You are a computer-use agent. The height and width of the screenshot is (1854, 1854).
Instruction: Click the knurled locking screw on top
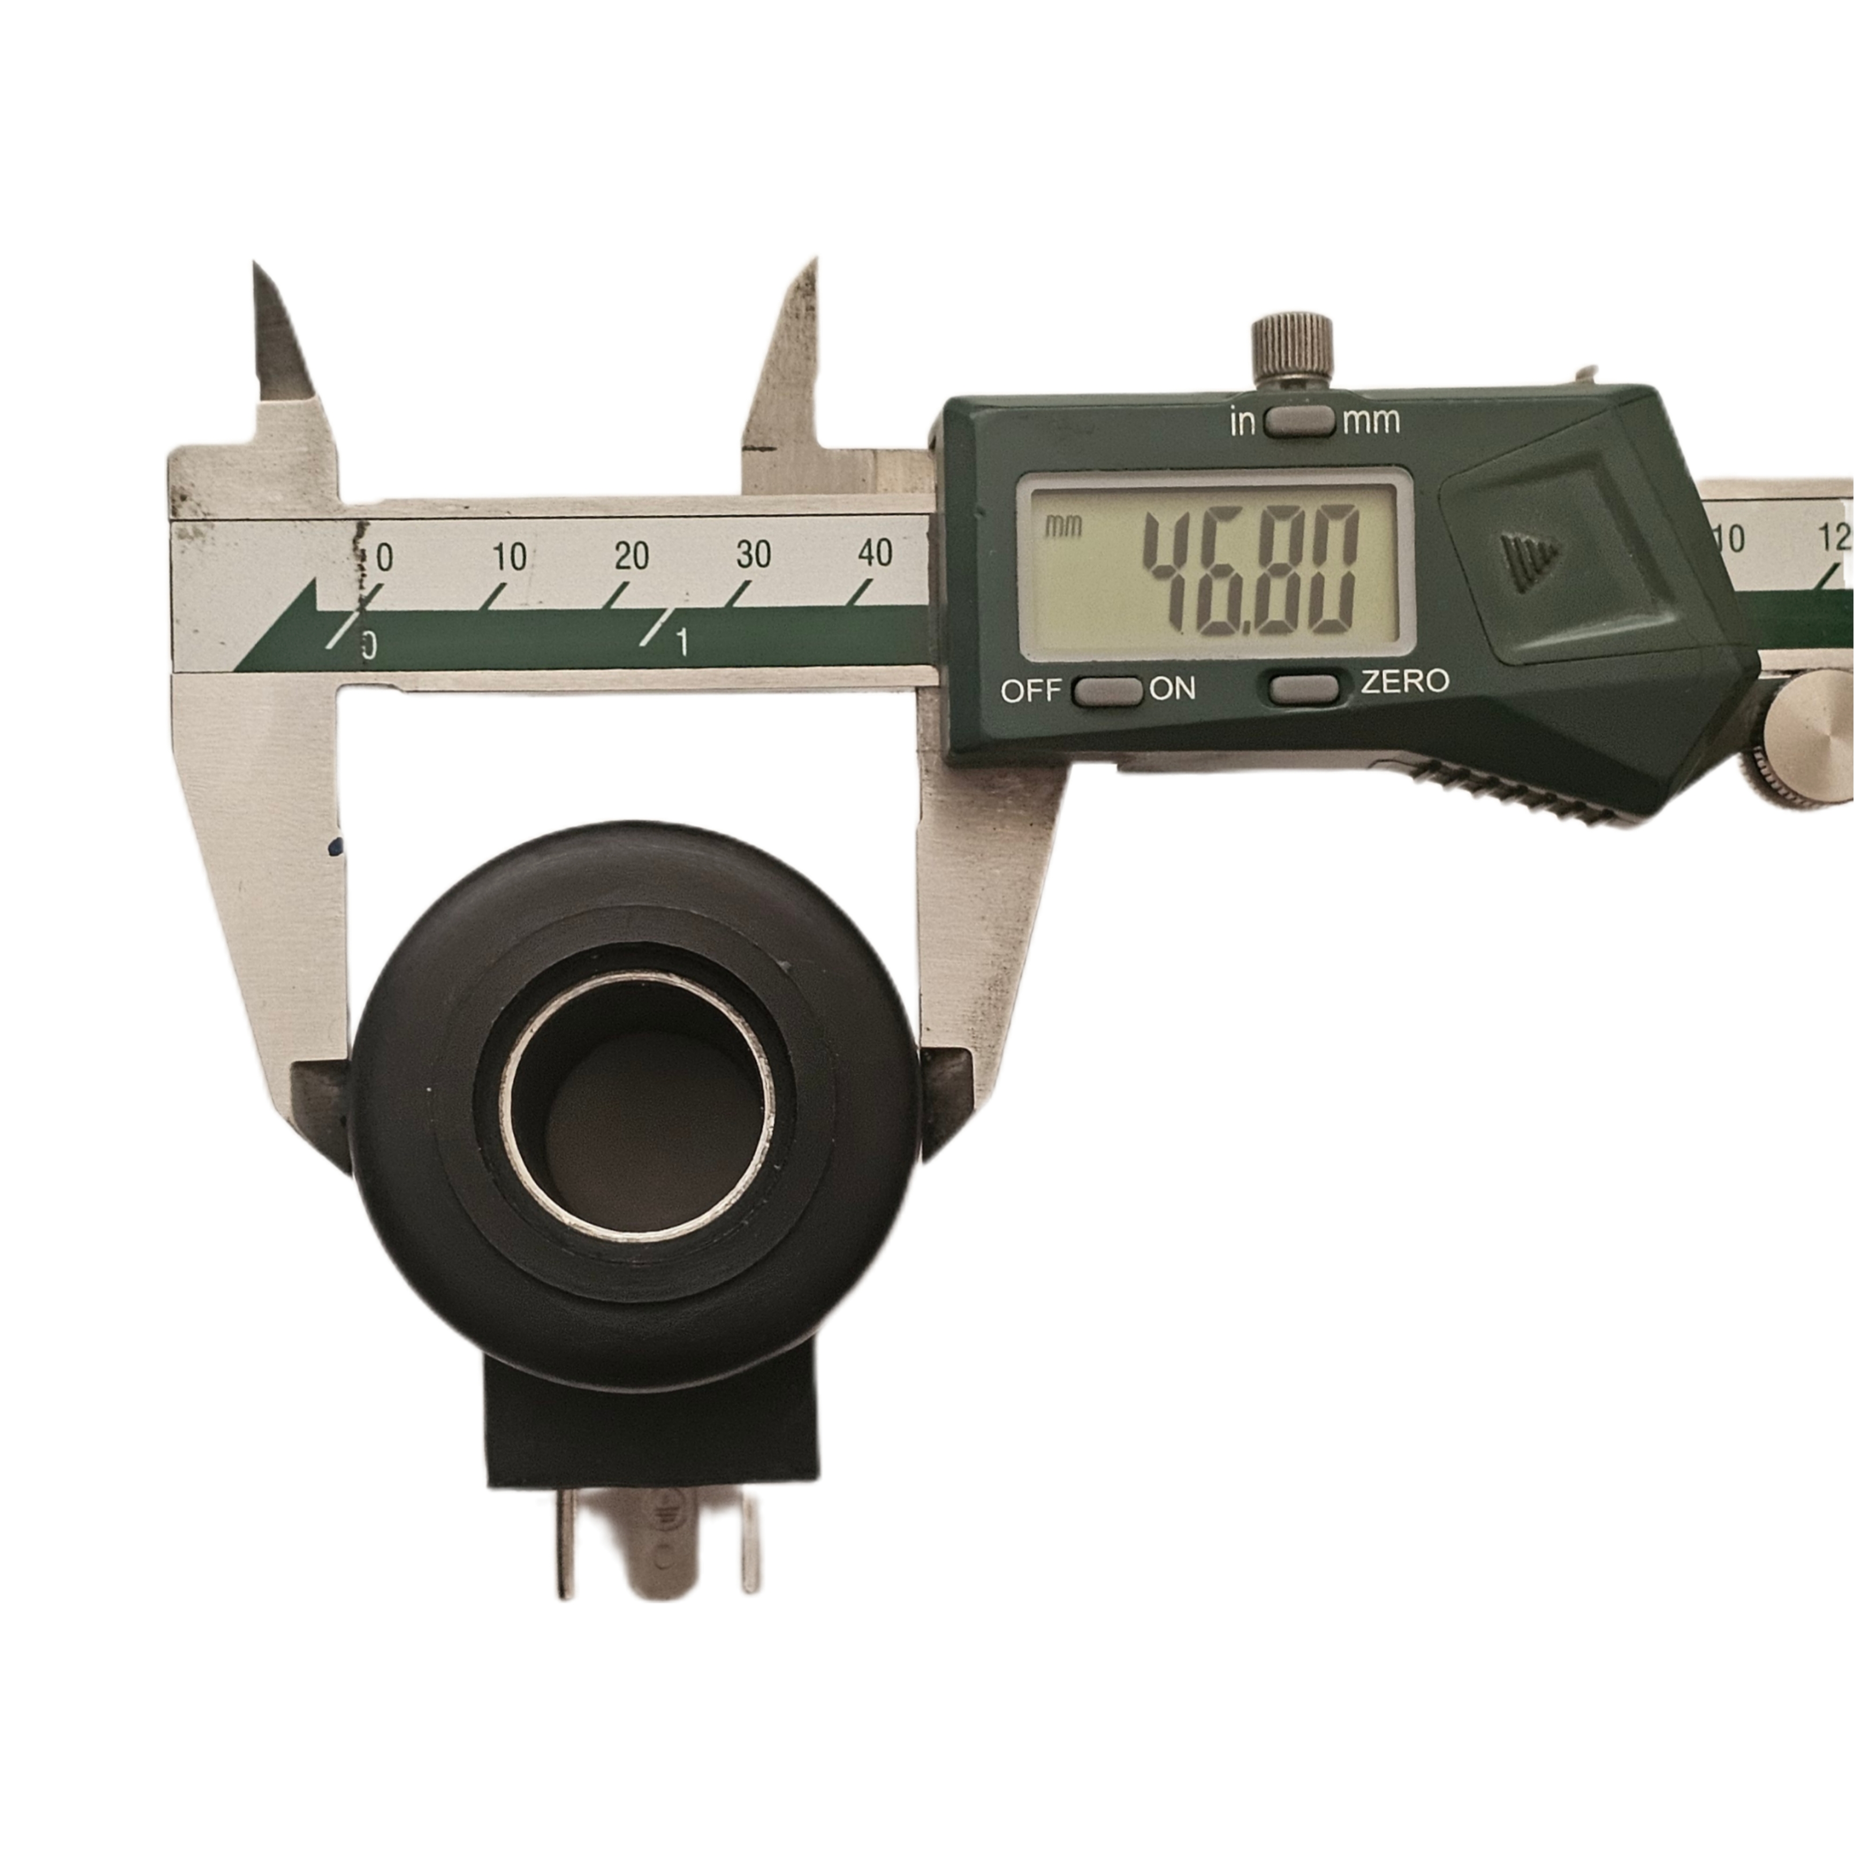click(1294, 347)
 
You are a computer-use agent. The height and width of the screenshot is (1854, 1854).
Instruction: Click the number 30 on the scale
click(753, 554)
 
